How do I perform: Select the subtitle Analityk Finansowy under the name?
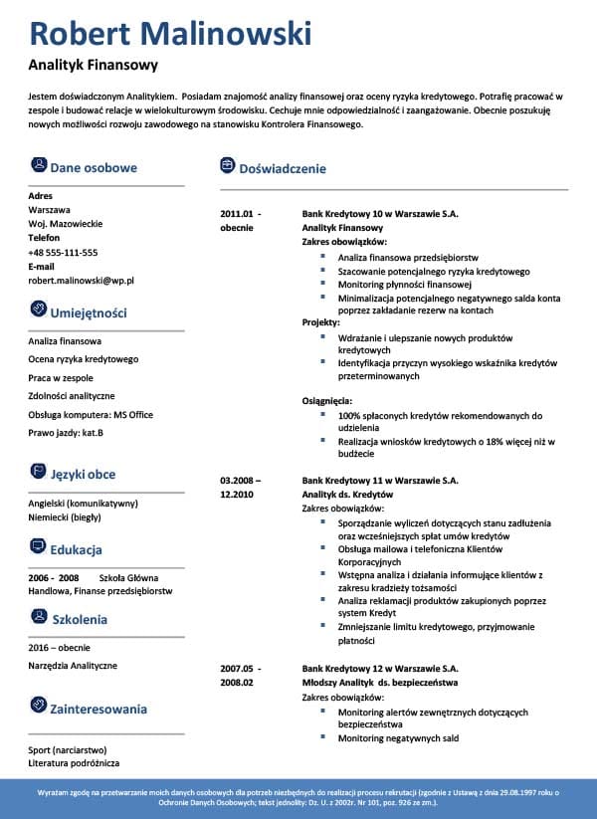point(94,67)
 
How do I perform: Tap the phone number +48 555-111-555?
point(63,253)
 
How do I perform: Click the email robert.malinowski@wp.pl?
point(81,282)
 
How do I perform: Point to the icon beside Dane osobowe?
point(38,166)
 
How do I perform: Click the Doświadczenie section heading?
point(282,168)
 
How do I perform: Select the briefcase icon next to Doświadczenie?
point(227,166)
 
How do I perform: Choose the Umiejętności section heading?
point(88,312)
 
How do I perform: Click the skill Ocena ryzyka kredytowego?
point(83,359)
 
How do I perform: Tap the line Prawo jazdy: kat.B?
point(66,433)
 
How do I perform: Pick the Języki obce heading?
point(83,475)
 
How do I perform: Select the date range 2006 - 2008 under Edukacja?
point(54,577)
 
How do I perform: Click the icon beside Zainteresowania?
point(38,708)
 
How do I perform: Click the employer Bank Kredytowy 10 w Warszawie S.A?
point(379,214)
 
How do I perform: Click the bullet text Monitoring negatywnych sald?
point(398,738)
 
